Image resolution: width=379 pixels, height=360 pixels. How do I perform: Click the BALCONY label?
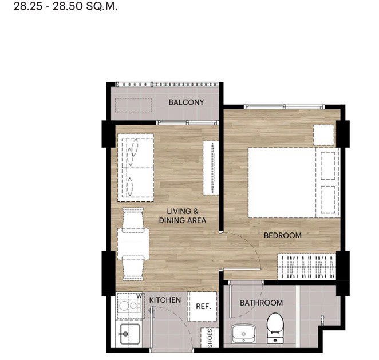pos(186,102)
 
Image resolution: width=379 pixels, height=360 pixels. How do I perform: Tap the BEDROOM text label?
pos(283,235)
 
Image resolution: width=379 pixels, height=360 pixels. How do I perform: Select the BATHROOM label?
pos(261,303)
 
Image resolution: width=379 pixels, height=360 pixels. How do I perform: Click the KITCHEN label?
pos(165,300)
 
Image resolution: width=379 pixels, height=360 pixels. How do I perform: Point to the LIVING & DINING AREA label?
pos(183,216)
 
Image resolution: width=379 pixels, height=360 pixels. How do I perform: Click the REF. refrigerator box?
pos(202,306)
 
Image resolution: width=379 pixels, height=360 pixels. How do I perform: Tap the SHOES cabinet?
pos(210,338)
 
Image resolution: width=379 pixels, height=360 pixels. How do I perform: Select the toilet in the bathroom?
pos(275,327)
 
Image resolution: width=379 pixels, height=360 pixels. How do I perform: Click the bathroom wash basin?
pos(244,334)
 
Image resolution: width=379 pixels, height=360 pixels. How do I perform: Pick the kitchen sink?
pos(130,334)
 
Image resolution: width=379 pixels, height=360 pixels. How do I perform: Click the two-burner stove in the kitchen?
pos(129,306)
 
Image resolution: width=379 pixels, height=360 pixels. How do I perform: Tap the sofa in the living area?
pos(136,168)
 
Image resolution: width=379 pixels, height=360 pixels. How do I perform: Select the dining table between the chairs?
pos(133,244)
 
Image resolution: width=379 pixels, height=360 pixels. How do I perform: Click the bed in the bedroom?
pos(294,183)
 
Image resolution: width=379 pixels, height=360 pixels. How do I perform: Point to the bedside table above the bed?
pos(324,135)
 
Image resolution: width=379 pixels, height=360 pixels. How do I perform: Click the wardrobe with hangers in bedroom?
pos(306,267)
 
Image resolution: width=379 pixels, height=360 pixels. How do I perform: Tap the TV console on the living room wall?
pos(211,168)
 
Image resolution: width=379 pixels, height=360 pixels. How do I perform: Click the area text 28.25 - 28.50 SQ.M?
pos(66,6)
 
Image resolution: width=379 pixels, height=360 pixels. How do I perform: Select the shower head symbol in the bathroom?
pos(322,320)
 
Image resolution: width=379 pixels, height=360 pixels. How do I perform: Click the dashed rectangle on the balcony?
pos(133,105)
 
